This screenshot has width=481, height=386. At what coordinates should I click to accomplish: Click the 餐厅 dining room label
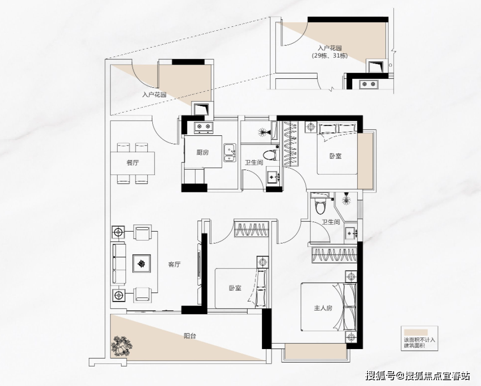tap(133, 163)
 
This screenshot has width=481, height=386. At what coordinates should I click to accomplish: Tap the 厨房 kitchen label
tap(203, 152)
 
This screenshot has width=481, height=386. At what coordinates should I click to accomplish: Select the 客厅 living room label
tap(174, 264)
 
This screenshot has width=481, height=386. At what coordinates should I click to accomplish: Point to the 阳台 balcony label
tap(190, 336)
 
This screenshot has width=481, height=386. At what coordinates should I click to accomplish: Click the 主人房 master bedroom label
tap(323, 308)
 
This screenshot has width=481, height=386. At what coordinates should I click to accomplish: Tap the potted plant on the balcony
tap(122, 346)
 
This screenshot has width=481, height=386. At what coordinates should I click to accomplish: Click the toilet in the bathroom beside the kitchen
tap(271, 155)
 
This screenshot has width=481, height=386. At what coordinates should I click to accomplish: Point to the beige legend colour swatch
tap(416, 332)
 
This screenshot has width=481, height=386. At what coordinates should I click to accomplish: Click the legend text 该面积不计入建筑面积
tap(420, 343)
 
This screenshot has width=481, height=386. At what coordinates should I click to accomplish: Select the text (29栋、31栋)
tap(330, 56)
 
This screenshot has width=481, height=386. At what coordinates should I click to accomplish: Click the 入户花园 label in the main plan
tap(154, 94)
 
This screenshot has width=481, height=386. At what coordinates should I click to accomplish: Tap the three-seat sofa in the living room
tap(118, 264)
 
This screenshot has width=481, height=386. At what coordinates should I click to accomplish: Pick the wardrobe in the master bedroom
tap(334, 255)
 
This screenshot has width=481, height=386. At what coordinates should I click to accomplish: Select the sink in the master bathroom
tap(351, 234)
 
